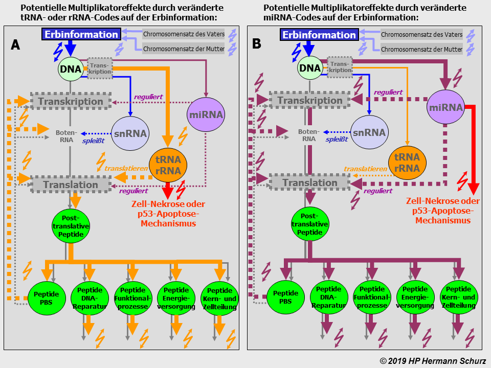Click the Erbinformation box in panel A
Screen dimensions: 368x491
pos(81,35)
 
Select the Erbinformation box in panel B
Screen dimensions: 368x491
pos(319,35)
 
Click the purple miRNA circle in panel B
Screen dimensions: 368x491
pos(447,107)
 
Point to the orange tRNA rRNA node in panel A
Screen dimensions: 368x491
pos(168,165)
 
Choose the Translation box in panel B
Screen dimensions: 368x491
pos(310,183)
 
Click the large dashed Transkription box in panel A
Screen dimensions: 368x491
pos(71,101)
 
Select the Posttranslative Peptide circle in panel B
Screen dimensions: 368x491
pos(310,224)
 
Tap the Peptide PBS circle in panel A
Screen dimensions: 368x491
pos(46,298)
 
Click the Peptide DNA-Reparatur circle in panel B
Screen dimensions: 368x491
pos(329,298)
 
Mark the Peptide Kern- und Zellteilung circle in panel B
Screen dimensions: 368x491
pos(459,298)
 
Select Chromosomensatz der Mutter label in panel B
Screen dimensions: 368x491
pos(421,50)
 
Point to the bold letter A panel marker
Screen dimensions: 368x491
pos(15,44)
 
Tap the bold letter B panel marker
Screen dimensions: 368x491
pos(257,43)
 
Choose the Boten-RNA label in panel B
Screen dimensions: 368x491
pos(308,135)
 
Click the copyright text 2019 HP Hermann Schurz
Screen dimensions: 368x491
pos(433,361)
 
